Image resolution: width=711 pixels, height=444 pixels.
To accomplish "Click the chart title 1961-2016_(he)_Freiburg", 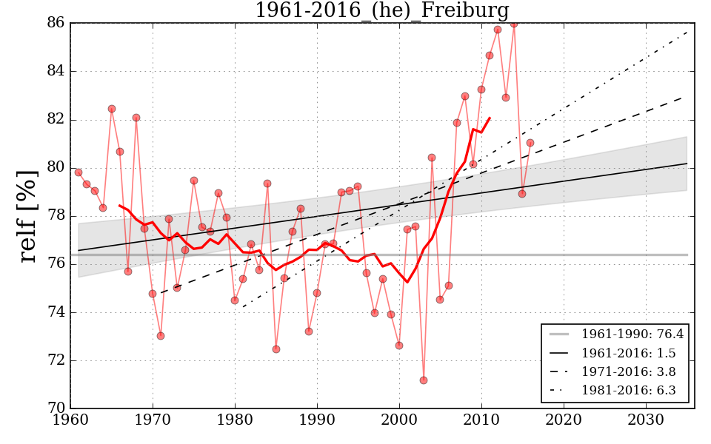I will point(381,11).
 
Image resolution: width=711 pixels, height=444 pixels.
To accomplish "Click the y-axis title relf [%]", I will point(27,215).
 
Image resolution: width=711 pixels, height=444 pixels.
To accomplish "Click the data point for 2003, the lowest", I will point(424,380).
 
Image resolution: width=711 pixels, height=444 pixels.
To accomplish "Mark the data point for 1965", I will point(112,109).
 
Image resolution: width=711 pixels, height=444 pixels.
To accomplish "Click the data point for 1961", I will point(79,172).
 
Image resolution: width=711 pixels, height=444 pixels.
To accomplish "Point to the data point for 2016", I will point(530,143).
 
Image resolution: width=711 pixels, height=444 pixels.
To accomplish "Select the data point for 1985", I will point(276,349).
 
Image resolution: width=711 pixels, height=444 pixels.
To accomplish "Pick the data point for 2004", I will point(432,158).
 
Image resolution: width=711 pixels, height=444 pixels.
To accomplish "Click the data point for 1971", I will point(161,336).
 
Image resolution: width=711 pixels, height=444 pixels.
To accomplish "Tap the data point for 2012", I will point(498,30).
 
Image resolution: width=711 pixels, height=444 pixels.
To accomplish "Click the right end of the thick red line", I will point(490,118).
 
